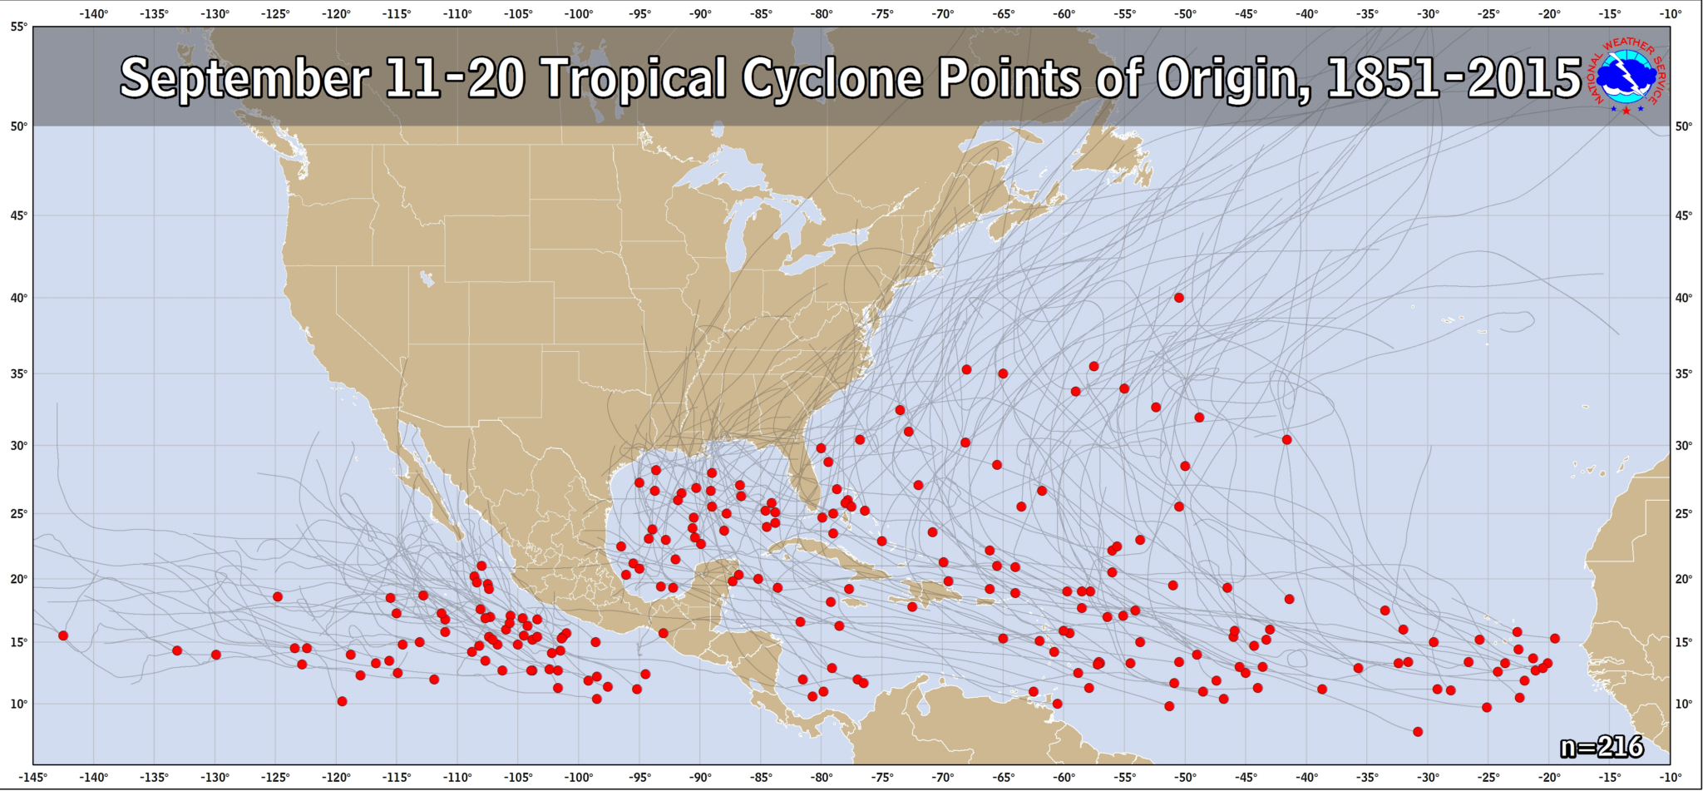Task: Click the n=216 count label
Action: point(1601,747)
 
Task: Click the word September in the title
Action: point(244,79)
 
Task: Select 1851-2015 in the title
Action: point(1453,79)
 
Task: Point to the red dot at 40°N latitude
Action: point(1178,298)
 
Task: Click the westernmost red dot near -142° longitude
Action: point(63,635)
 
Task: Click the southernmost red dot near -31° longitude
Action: point(1418,732)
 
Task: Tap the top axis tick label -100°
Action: point(579,14)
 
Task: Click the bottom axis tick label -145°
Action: point(33,778)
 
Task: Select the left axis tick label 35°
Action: point(18,373)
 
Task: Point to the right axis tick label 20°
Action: point(1684,579)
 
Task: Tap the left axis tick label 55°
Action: point(18,27)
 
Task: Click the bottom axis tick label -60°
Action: point(1064,778)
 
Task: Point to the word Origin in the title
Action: point(1232,79)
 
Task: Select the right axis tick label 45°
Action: point(1684,215)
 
